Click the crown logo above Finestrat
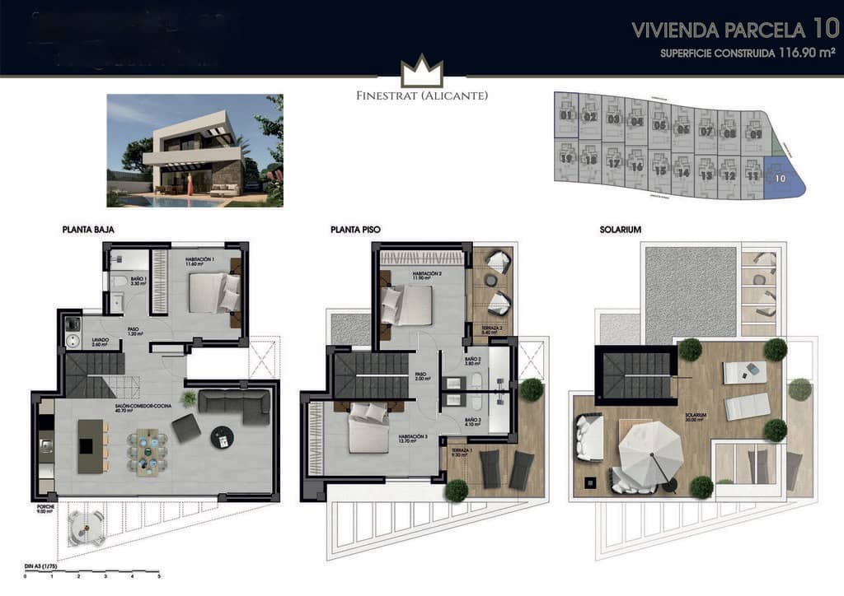click(x=422, y=72)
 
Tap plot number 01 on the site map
click(x=565, y=115)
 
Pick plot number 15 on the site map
click(x=659, y=170)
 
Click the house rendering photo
click(x=195, y=150)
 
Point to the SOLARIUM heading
click(x=621, y=230)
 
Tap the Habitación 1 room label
click(x=199, y=262)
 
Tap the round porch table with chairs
click(x=87, y=527)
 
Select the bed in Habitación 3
click(x=368, y=430)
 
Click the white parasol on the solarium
click(x=650, y=451)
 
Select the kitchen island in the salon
click(x=90, y=445)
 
